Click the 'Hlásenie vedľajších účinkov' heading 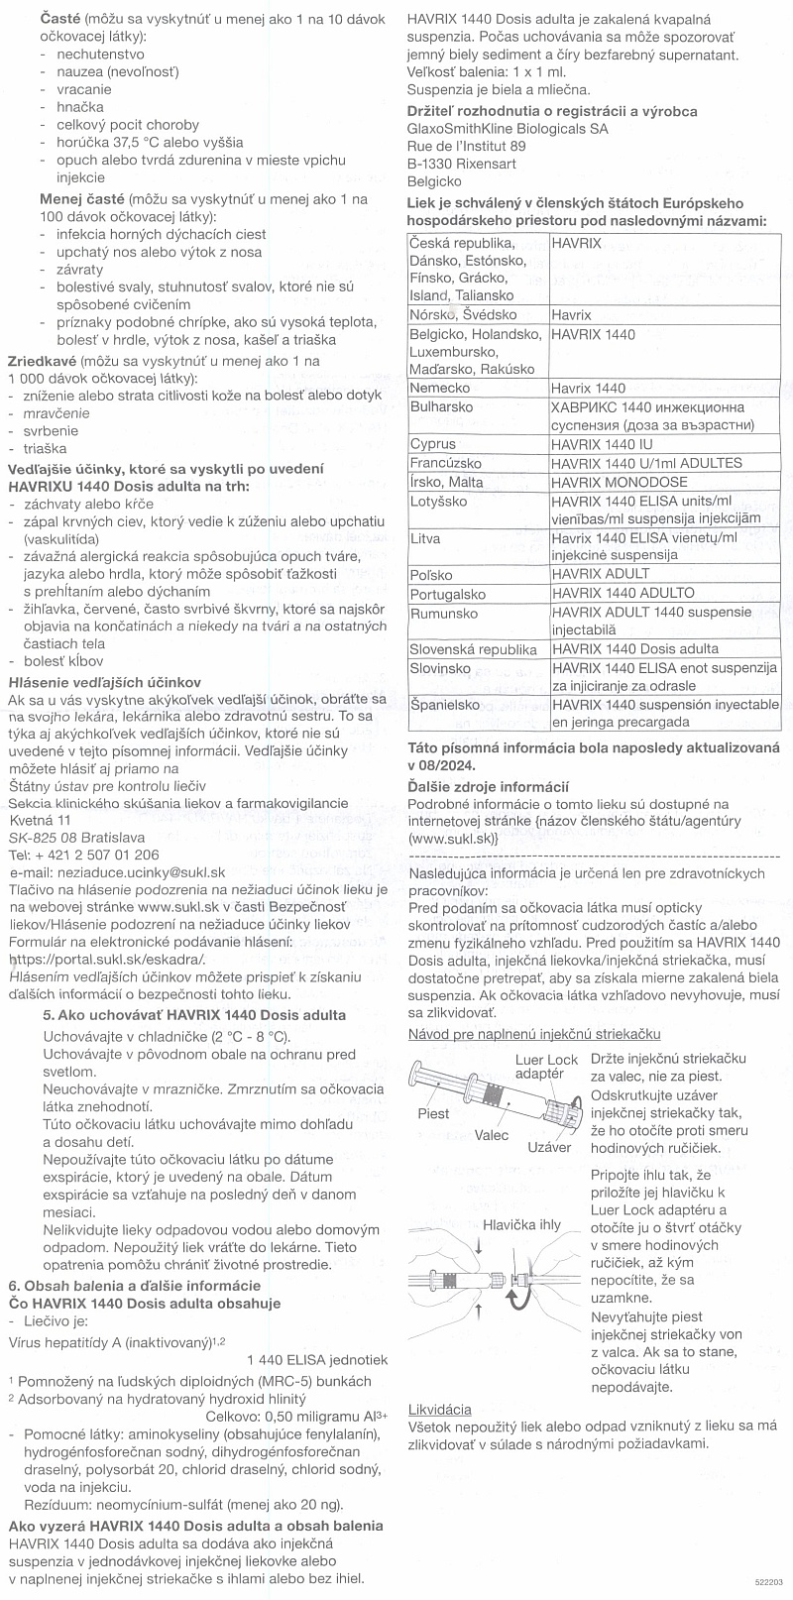click(104, 682)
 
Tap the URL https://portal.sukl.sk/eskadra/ click(106, 960)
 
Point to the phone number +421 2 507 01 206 click(97, 855)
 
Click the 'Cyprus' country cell click(433, 444)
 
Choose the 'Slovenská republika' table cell click(473, 649)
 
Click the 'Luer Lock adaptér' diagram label click(546, 1067)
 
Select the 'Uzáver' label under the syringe click(549, 1147)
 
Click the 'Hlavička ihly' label click(522, 1225)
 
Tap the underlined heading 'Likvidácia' click(439, 1409)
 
